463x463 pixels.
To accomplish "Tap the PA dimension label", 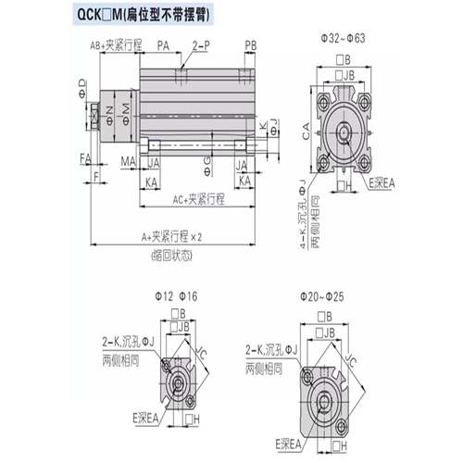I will click(163, 44).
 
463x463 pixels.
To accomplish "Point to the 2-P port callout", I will click(201, 44).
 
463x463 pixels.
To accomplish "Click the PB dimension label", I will click(251, 44).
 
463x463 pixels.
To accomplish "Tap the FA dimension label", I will click(85, 158).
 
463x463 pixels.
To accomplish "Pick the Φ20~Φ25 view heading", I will click(322, 295).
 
